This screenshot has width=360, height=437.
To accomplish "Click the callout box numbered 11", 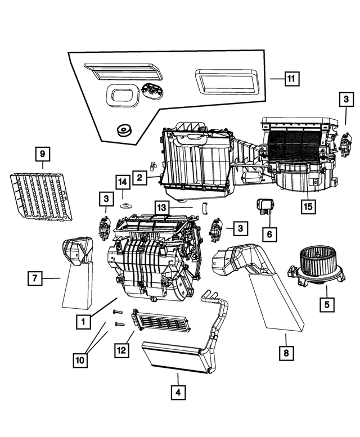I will tap(291, 79).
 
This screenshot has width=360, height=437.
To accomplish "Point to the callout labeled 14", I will tap(122, 182).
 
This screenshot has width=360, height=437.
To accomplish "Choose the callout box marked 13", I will tap(161, 208).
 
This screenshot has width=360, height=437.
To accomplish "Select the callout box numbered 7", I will tap(35, 277).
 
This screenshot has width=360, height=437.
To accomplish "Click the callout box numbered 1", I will tap(83, 322).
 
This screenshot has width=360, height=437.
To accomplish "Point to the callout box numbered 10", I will tap(82, 358).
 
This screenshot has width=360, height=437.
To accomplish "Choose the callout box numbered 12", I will tap(122, 350).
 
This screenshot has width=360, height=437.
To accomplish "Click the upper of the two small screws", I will tap(118, 312).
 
